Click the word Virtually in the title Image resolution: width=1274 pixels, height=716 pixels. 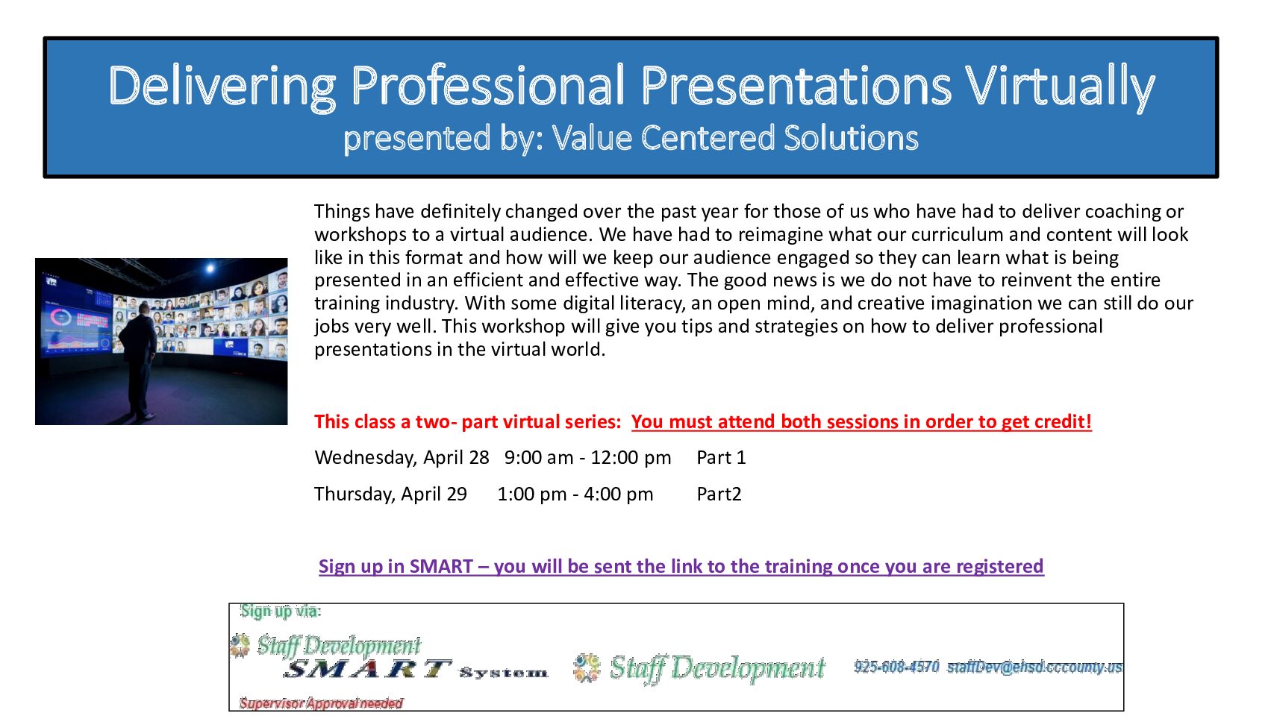pyautogui.click(x=1060, y=87)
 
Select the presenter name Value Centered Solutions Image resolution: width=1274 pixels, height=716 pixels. pyautogui.click(x=735, y=137)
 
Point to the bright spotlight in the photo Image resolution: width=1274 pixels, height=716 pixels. pyautogui.click(x=210, y=268)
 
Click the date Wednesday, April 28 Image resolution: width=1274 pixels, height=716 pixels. pyautogui.click(x=402, y=458)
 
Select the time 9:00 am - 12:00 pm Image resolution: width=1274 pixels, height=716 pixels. pyautogui.click(x=587, y=458)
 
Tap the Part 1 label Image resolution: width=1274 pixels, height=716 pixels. pyautogui.click(x=721, y=457)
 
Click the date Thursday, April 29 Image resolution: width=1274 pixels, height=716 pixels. pyautogui.click(x=391, y=494)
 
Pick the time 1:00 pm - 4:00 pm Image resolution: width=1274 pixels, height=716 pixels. pyautogui.click(x=575, y=494)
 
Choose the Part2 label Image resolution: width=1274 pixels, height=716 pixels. pyautogui.click(x=719, y=494)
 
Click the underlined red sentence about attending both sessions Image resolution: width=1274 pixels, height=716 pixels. pyautogui.click(x=861, y=421)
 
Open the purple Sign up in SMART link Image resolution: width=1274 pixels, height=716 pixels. pyautogui.click(x=681, y=566)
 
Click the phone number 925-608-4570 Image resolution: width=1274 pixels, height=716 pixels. pyautogui.click(x=896, y=667)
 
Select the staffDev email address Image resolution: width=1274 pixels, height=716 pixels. pyautogui.click(x=1034, y=667)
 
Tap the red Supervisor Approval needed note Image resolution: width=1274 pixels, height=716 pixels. pyautogui.click(x=321, y=703)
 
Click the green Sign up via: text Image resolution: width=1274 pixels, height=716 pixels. pyautogui.click(x=281, y=612)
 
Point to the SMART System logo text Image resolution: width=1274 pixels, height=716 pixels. pyautogui.click(x=415, y=670)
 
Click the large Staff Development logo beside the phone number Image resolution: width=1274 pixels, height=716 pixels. pyautogui.click(x=699, y=668)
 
